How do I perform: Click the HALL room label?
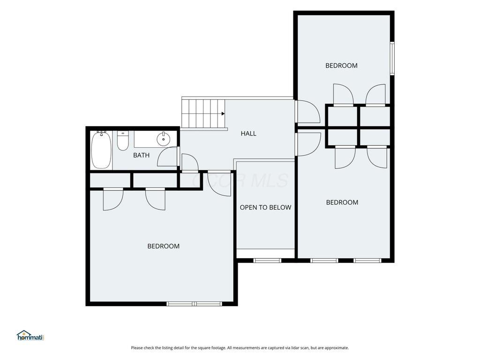pos(248,134)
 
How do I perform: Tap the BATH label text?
pos(141,155)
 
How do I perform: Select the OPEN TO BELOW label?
pos(265,207)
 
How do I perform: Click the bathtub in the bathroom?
pos(101,150)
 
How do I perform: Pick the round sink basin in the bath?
pos(164,140)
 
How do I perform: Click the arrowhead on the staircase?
pos(223,113)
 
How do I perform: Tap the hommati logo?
pos(30,336)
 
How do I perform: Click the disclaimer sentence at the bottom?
pos(240,348)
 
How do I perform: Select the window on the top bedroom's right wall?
pos(392,58)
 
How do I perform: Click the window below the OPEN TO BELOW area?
pos(267,261)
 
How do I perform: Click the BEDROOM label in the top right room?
pos(341,66)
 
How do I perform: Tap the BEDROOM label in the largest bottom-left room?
pos(164,246)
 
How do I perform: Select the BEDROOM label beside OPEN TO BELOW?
pos(342,202)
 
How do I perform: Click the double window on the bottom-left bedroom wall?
pos(194,304)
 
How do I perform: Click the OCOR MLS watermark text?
pos(240,180)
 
